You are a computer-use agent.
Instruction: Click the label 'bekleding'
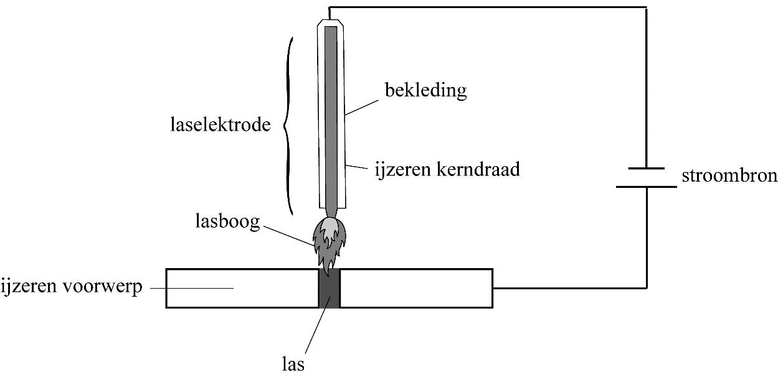point(425,91)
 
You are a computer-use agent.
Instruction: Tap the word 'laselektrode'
point(221,125)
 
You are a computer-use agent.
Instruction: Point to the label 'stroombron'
point(729,176)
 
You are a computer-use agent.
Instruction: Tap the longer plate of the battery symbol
point(647,185)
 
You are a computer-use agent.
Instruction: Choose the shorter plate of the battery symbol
point(647,168)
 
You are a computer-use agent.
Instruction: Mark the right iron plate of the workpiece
point(416,288)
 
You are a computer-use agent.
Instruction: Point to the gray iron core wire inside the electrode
point(331,118)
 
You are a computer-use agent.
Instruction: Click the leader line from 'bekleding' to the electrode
point(364,104)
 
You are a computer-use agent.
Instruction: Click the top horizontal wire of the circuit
point(486,7)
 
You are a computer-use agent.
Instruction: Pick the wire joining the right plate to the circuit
point(570,288)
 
